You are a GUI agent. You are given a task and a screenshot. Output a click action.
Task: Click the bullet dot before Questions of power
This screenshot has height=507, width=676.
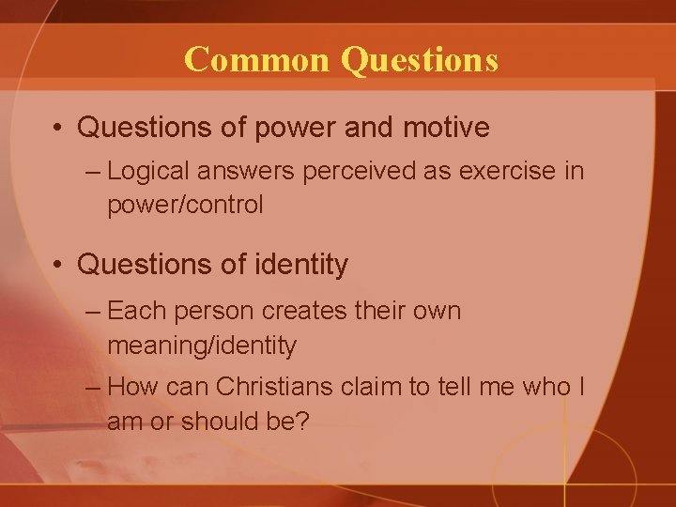click(58, 128)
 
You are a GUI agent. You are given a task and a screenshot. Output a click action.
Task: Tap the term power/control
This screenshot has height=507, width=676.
click(185, 205)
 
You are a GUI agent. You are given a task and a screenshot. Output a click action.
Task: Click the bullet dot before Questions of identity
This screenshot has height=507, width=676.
click(58, 266)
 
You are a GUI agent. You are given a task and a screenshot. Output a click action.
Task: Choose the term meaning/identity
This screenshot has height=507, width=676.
click(202, 346)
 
